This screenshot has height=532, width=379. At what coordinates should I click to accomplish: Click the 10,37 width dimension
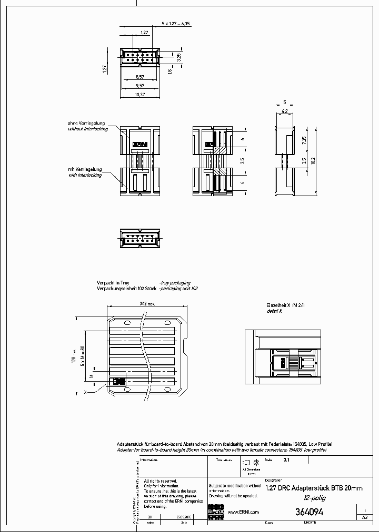(x=140, y=94)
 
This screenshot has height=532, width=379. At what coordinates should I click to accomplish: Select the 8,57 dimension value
(x=140, y=77)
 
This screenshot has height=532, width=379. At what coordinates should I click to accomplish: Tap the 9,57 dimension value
(x=140, y=85)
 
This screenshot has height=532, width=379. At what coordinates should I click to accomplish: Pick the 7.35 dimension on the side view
(x=304, y=141)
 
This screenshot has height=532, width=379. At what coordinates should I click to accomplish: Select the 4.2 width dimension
(x=284, y=111)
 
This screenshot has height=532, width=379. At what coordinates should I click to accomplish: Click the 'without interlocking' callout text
(x=88, y=129)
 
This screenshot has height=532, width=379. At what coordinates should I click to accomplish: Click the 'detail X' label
(x=274, y=311)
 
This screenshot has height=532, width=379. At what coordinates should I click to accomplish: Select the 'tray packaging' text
(x=175, y=283)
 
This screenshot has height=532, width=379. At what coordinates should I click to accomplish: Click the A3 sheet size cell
(x=364, y=517)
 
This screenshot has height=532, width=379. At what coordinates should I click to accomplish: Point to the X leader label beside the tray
(x=85, y=392)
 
